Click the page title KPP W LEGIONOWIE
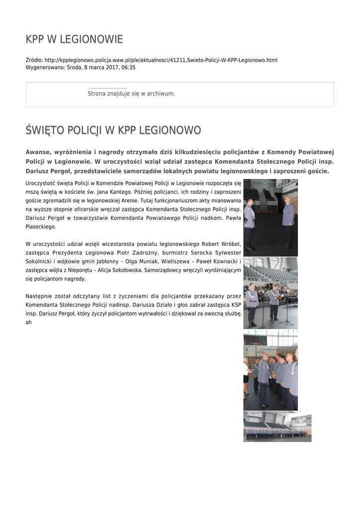[74, 39]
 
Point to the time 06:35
[129, 67]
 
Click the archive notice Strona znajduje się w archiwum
[131, 93]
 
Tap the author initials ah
[28, 322]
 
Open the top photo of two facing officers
[271, 217]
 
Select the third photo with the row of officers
[271, 370]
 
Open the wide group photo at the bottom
[277, 426]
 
